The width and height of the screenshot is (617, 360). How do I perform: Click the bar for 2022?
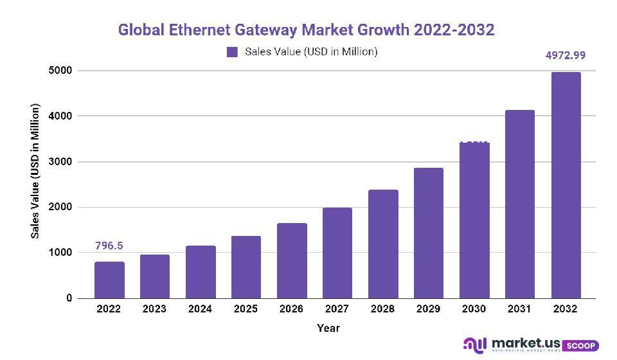tap(109, 280)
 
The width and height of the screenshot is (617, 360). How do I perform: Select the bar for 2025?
tap(246, 267)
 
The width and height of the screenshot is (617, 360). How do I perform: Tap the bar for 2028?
tap(383, 244)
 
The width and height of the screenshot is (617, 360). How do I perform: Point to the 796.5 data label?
tap(109, 246)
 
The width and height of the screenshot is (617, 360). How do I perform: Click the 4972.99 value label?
tap(566, 55)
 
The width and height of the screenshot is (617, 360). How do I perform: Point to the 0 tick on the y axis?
tap(68, 299)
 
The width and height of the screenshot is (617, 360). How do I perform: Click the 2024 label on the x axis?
tap(200, 309)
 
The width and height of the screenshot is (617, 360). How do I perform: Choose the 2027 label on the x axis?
tap(337, 309)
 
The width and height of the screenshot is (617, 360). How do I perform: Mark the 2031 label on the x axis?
tap(519, 309)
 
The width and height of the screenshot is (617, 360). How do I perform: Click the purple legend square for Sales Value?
tap(232, 52)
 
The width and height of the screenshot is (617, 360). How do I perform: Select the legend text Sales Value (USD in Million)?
tap(310, 52)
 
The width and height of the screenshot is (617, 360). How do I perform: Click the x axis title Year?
tap(328, 328)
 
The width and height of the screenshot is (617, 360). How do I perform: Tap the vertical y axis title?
tap(36, 171)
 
